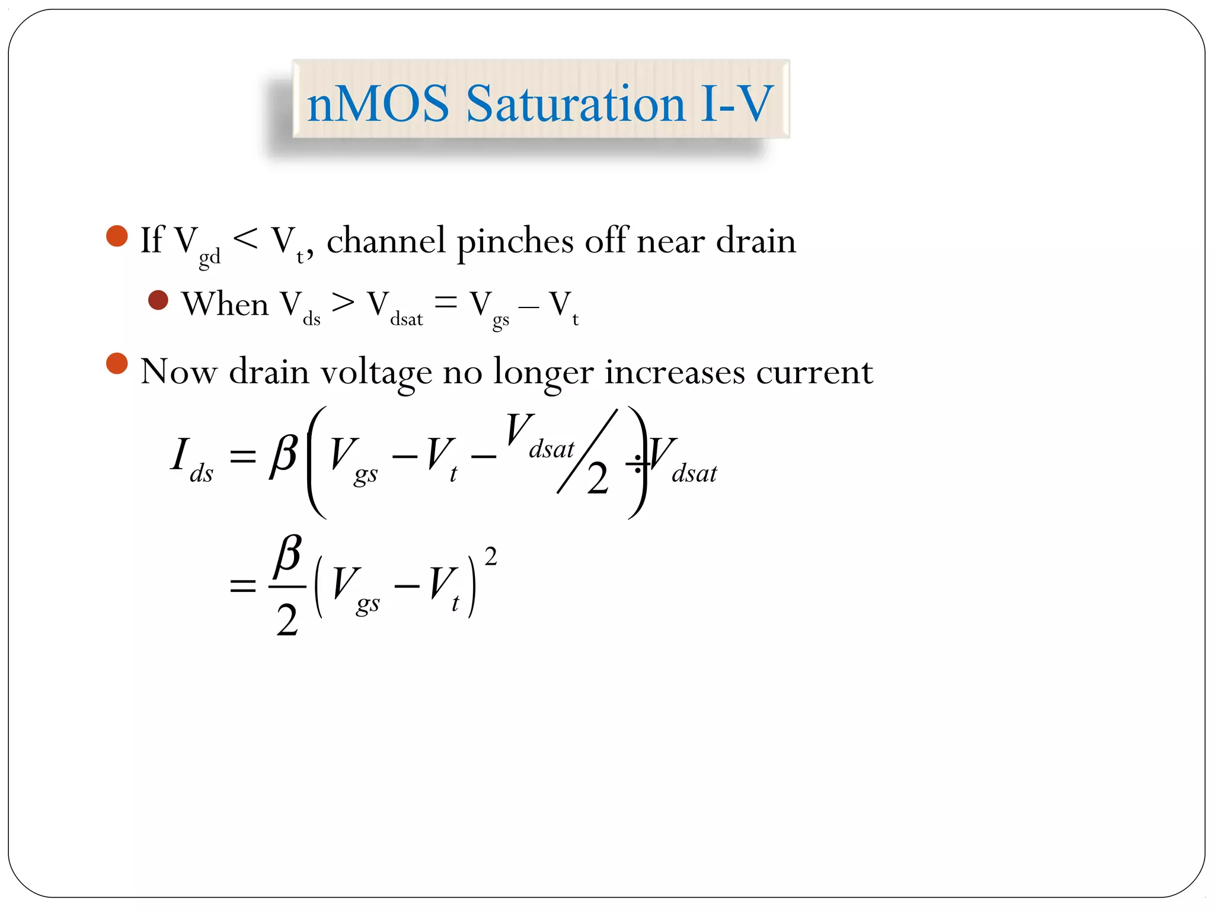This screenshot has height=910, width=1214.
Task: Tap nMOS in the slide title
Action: point(378,104)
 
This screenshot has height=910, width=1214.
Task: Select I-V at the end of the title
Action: point(737,104)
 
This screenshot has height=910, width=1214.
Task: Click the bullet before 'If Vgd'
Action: point(117,236)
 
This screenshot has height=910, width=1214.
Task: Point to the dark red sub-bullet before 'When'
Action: point(158,300)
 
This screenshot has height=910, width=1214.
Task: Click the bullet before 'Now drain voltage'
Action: point(117,364)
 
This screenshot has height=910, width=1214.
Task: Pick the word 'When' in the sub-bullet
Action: point(225,305)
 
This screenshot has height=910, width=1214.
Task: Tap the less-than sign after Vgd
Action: point(245,239)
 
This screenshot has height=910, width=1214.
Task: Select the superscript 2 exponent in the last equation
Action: point(490,557)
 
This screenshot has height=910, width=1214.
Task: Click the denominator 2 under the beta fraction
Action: point(287,620)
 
